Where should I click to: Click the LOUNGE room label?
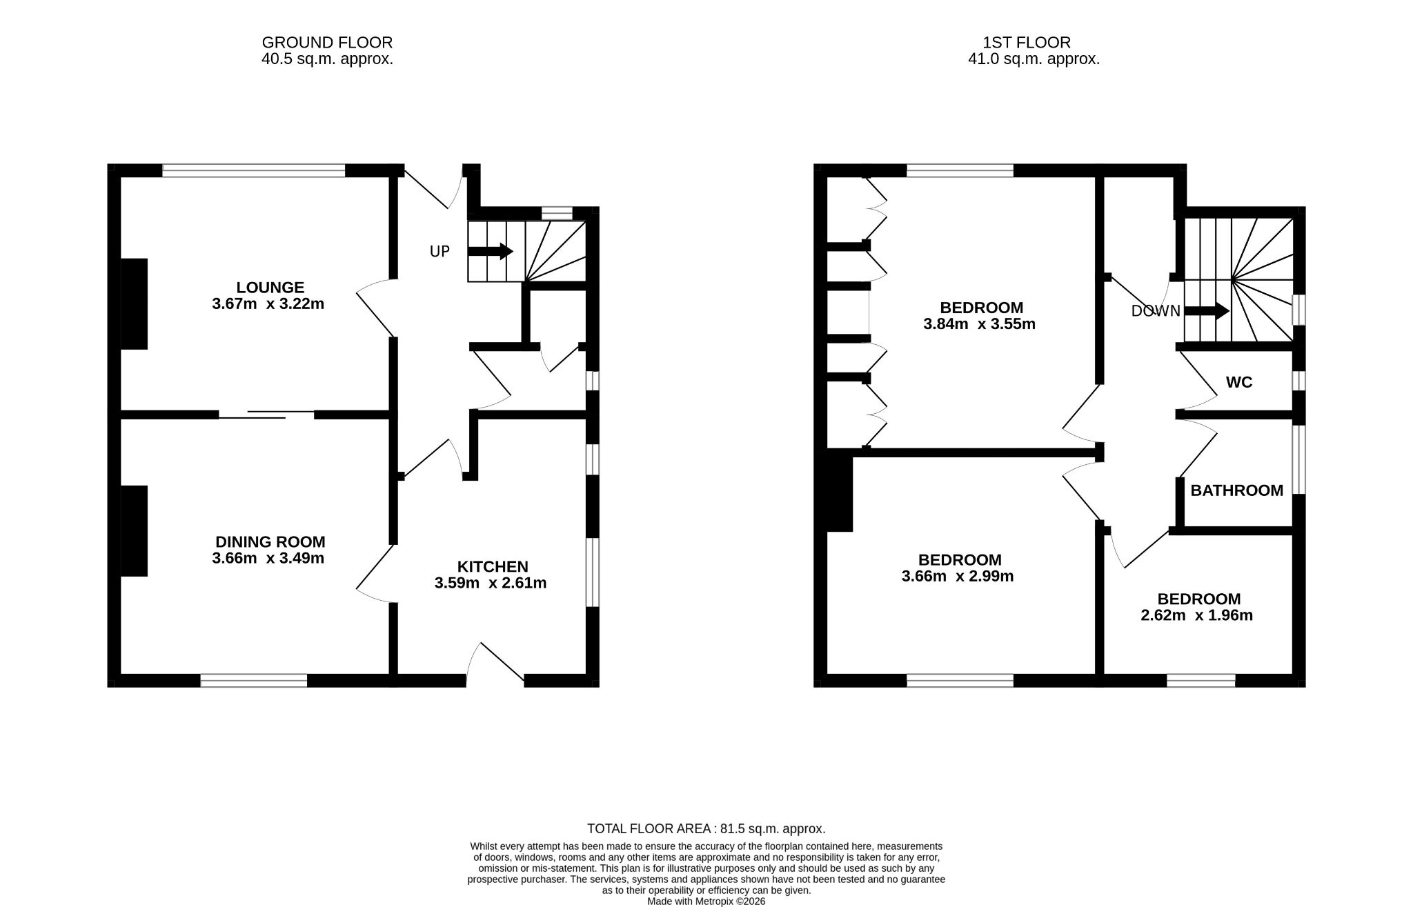pos(270,288)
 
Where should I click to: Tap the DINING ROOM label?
pos(270,542)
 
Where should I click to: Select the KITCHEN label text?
pos(493,567)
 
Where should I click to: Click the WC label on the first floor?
pos(1239,382)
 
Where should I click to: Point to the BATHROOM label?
pos(1237,490)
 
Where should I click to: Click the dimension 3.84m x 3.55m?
pos(979,324)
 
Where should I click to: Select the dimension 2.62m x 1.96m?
pos(1197,615)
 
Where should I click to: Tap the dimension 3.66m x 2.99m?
pos(958,576)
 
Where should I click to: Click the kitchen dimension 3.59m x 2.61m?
pos(491,584)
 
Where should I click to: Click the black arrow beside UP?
pos(491,251)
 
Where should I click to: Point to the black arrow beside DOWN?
pos(1207,311)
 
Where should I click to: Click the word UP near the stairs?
pos(439,252)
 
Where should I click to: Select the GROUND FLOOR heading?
pos(327,43)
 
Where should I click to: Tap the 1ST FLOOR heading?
pos(1027,43)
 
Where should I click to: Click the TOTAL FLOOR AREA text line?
pos(706,829)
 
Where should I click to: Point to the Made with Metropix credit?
pos(706,901)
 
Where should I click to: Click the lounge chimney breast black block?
pos(135,303)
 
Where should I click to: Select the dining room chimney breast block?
pos(135,530)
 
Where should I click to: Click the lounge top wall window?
pos(254,170)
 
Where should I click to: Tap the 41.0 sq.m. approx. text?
pos(1034,59)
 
